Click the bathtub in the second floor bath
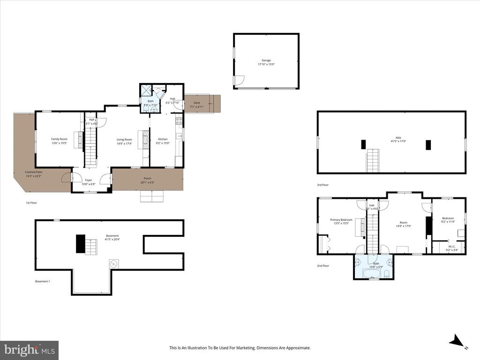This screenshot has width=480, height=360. pos(374,273)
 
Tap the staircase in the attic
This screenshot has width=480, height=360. pos(373,160)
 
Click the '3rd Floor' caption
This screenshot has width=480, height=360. pos(323,185)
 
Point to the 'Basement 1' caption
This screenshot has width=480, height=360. pos(42,281)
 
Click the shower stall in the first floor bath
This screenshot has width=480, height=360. pos(146,90)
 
